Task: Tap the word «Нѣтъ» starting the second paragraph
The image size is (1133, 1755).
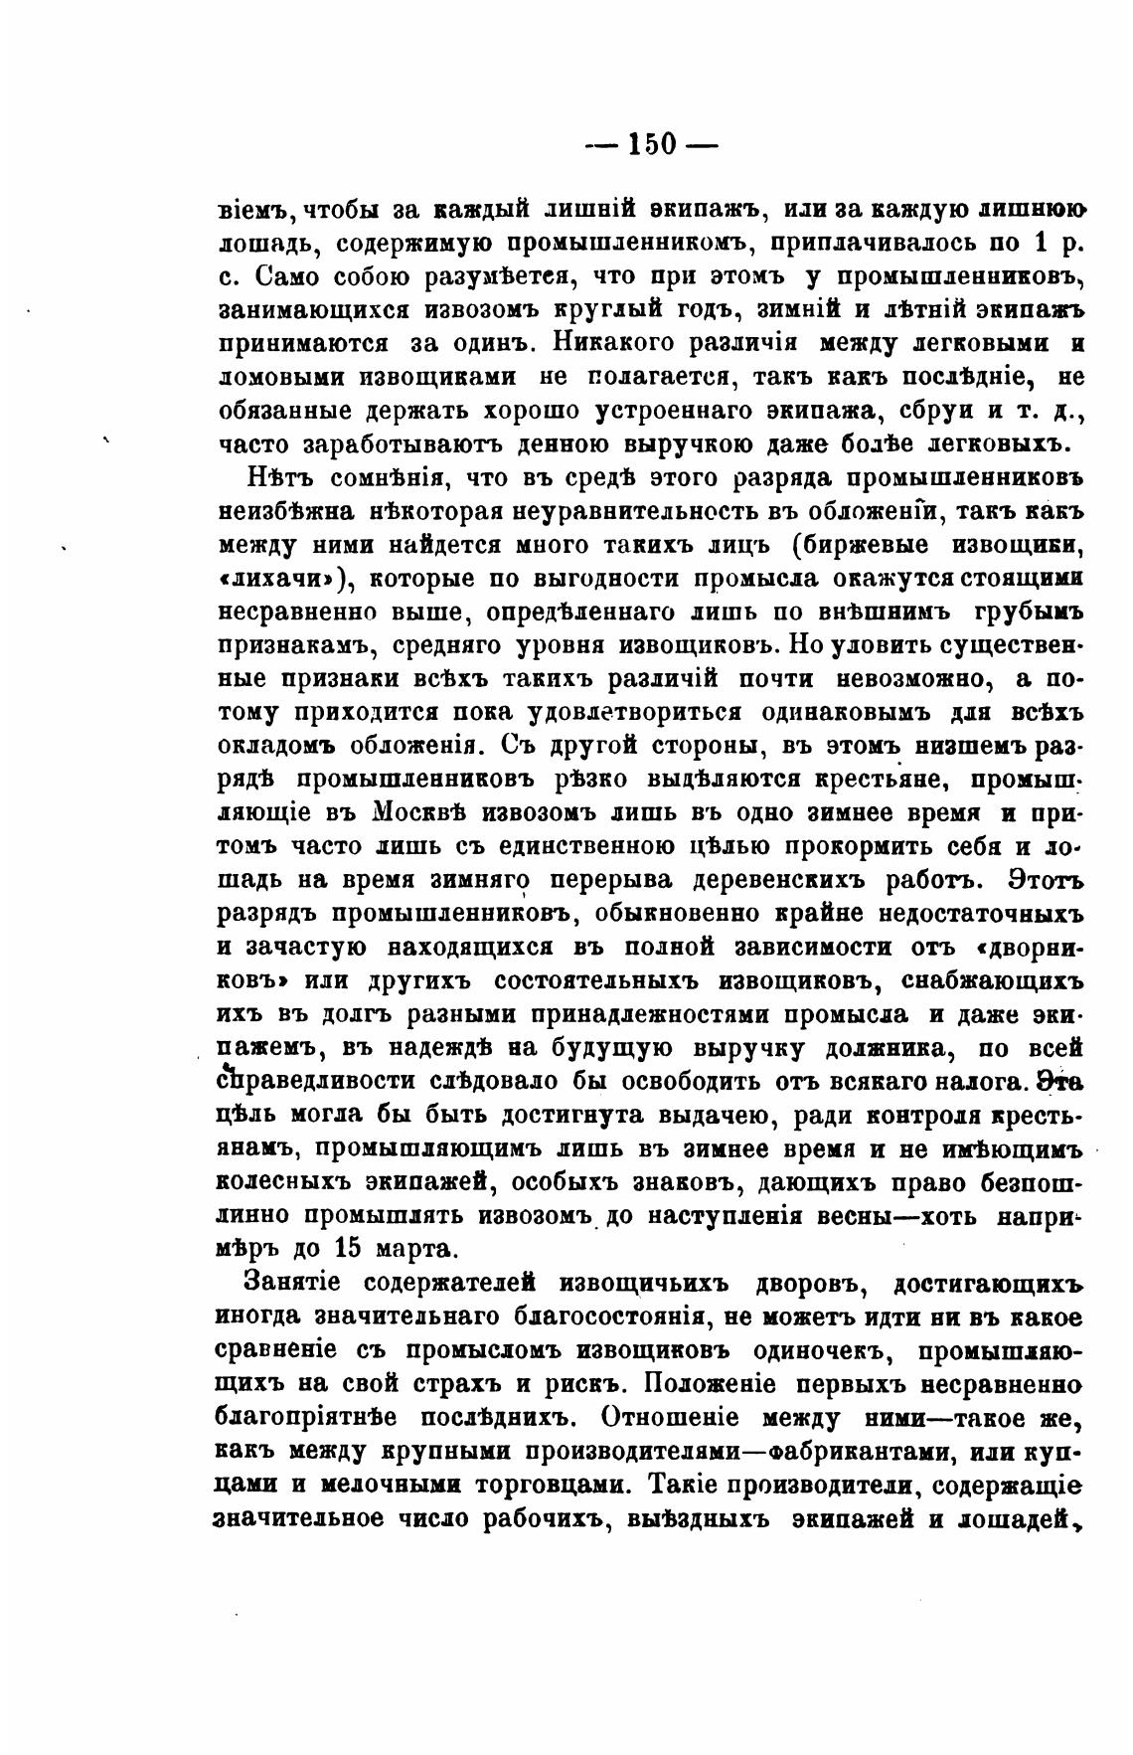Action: pyautogui.click(x=281, y=478)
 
